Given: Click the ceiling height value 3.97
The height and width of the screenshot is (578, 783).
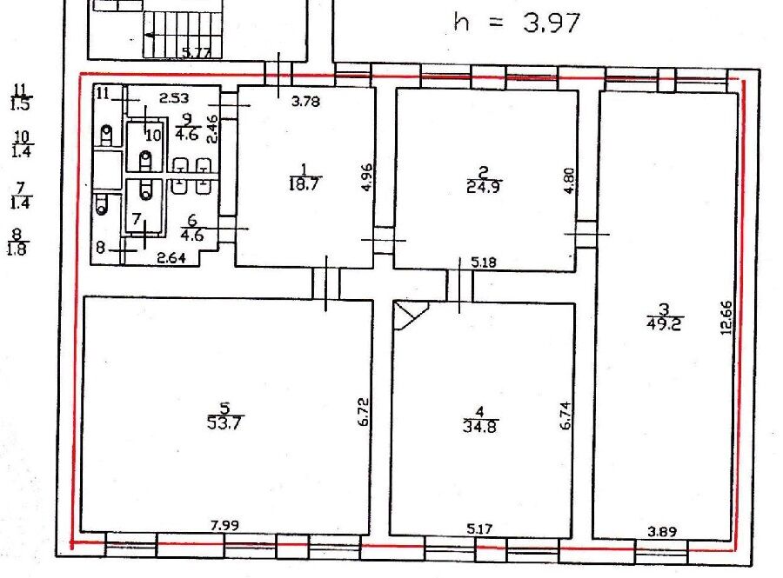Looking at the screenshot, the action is [x=552, y=23].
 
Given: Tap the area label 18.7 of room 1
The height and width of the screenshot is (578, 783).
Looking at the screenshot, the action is [x=304, y=184].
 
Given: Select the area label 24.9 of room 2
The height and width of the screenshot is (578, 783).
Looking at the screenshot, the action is [x=484, y=187].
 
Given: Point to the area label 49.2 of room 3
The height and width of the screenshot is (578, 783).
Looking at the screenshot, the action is [x=664, y=324].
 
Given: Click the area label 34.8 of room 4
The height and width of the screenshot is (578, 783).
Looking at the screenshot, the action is [x=480, y=427].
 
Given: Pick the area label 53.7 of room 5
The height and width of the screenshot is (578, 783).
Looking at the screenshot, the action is [x=224, y=423].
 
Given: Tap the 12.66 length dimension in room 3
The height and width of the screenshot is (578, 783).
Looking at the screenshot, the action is [x=727, y=317].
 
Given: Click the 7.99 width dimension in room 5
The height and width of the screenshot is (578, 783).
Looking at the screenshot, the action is [x=224, y=525].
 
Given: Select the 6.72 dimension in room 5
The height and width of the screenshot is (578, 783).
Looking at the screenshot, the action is [x=364, y=411].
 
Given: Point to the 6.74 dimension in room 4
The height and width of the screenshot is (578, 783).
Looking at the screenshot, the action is [x=565, y=415].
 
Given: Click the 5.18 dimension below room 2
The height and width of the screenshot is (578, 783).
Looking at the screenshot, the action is [x=484, y=262].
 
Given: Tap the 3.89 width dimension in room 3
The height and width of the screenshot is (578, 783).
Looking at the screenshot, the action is [x=662, y=532].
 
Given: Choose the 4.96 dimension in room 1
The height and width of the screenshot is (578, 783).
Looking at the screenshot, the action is [x=367, y=177].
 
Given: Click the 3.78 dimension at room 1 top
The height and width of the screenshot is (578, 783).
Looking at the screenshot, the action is [x=305, y=101].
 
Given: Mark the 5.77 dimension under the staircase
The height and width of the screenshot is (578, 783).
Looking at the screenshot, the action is [x=195, y=52].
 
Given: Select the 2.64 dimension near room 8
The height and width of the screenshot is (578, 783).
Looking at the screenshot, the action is [x=171, y=258].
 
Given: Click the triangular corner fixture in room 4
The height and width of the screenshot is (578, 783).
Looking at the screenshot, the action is [x=410, y=315].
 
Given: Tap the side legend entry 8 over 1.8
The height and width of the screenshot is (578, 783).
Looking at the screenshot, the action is [x=17, y=242].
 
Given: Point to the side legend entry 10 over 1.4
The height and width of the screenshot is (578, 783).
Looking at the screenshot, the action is [x=22, y=144].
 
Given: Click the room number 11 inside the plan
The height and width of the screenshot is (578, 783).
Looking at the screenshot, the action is [x=104, y=93].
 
